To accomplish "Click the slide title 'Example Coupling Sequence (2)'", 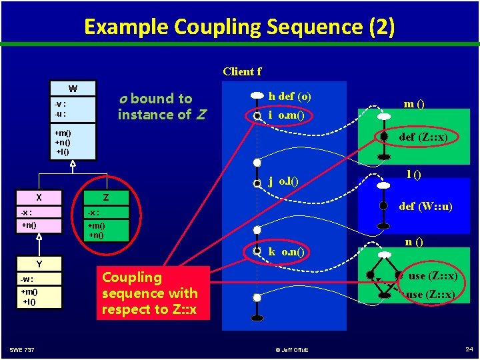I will (x=239, y=27).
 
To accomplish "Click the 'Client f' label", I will (x=242, y=71).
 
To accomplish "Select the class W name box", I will (x=73, y=89).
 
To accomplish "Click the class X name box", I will (x=39, y=197).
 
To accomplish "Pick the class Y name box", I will (x=39, y=264).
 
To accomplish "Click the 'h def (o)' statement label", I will (x=289, y=96).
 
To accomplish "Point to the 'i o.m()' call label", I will (x=286, y=115).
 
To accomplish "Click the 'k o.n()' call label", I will (x=286, y=251).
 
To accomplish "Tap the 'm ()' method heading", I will (x=415, y=105).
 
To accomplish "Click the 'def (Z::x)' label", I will (x=423, y=137).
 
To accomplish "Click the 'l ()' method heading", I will (x=414, y=174).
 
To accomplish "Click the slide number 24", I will (x=467, y=349).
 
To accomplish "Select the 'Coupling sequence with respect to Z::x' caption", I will (x=149, y=293).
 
